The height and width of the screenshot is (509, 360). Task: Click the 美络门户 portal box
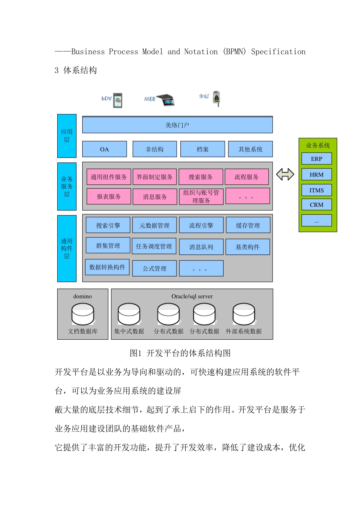tap(177, 125)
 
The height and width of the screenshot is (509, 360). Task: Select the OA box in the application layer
tap(105, 149)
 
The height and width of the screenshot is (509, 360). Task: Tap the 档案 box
tap(203, 149)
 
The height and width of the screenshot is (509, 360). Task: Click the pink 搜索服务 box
tap(200, 177)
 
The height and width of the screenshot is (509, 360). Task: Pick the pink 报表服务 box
tap(109, 197)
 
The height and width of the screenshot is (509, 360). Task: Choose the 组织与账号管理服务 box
tap(201, 197)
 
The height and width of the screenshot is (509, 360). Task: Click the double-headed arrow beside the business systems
tap(285, 174)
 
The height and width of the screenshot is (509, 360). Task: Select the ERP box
tap(316, 159)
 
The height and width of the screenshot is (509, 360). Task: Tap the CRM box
tap(316, 205)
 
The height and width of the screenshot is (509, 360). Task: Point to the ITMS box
tap(316, 190)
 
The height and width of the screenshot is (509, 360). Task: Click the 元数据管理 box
tap(154, 225)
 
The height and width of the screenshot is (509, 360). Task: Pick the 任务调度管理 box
tap(154, 246)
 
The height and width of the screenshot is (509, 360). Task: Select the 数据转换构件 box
tap(107, 267)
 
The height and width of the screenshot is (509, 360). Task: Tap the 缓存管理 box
tap(248, 225)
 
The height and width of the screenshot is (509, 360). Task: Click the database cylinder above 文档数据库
tap(83, 314)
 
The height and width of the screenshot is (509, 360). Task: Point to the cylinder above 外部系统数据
tap(244, 314)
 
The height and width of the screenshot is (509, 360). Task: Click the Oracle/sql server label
tap(192, 296)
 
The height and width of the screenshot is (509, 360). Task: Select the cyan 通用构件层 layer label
tap(67, 248)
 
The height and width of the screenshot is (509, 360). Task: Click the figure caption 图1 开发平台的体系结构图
tap(180, 353)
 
